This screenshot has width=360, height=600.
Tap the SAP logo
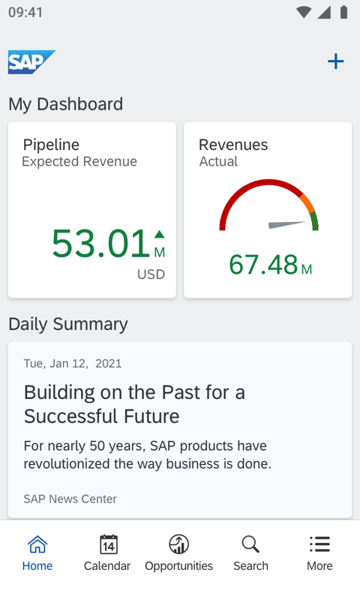point(31,62)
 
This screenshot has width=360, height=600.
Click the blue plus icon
point(336,61)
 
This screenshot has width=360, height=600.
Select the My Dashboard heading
point(65,104)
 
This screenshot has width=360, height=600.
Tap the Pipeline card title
point(51,145)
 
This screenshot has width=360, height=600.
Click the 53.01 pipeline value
point(100,244)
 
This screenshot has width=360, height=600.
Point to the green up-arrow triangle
point(159,235)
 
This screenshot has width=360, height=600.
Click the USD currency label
point(151,274)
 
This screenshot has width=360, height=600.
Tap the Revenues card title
point(233,145)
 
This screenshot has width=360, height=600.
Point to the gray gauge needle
point(287,224)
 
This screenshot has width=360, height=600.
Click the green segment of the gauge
point(314,221)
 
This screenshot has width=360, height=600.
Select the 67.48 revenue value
point(263,265)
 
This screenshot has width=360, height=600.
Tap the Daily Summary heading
point(68,324)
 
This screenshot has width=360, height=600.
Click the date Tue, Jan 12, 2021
point(73,364)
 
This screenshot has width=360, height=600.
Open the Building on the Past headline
point(135,404)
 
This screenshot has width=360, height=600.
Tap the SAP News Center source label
point(70,499)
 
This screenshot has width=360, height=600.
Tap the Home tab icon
point(37,544)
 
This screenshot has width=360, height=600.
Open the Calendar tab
point(107,552)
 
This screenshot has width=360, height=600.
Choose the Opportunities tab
point(178,552)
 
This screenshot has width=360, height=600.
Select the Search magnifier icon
point(250,544)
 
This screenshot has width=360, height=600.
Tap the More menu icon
point(319,544)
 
